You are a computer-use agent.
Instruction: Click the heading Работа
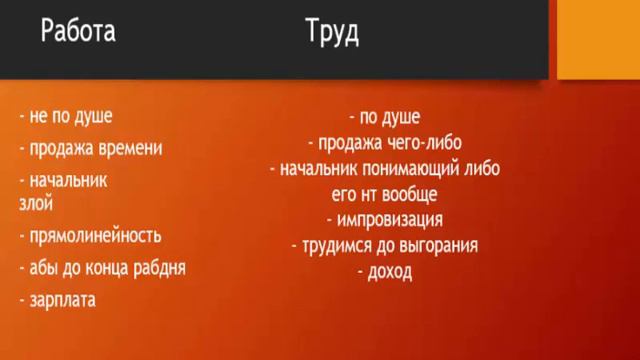78,32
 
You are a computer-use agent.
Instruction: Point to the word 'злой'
36,202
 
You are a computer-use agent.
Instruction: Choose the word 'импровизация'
391,219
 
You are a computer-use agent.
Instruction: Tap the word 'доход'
389,271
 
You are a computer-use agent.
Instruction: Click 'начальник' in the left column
69,181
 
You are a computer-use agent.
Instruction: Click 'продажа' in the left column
63,148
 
